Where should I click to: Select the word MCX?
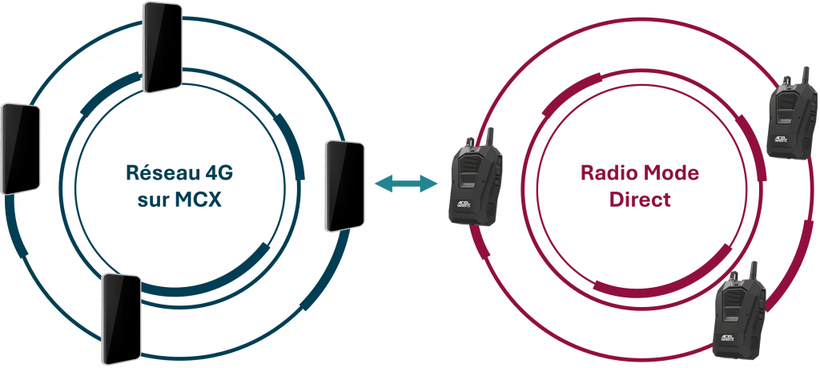click(x=195, y=199)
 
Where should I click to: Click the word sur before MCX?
click(x=151, y=199)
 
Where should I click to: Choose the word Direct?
click(x=640, y=199)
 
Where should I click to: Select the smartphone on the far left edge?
click(x=20, y=148)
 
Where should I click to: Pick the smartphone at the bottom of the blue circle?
click(x=120, y=319)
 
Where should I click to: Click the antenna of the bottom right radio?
click(x=754, y=270)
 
